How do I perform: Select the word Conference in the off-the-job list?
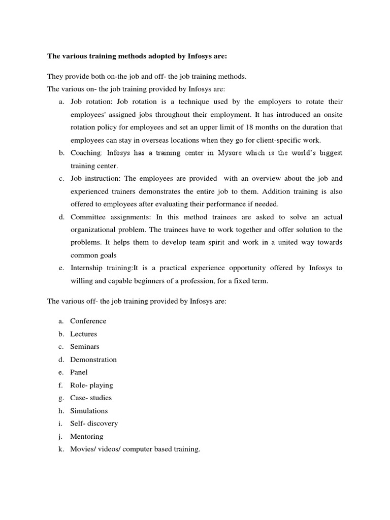88,321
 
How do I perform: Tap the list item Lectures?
83,334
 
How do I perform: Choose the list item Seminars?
85,346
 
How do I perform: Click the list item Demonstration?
93,360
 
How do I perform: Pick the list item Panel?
79,372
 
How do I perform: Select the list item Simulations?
89,411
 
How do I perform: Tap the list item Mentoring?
86,436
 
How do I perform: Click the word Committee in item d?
87,217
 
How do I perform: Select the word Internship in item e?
87,268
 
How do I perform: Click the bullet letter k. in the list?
61,449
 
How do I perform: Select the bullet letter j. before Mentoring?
61,436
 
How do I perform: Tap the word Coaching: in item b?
87,153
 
